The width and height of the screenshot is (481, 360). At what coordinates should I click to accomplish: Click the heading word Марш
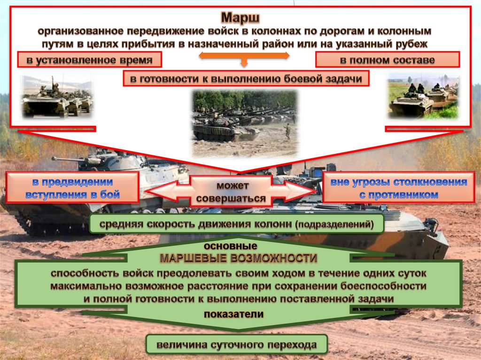point(240,18)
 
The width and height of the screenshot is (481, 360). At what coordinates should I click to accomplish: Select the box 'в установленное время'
point(89,60)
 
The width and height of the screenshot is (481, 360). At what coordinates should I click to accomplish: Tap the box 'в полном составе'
point(387,60)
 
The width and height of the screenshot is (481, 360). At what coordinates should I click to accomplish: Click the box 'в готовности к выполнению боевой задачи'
point(246,79)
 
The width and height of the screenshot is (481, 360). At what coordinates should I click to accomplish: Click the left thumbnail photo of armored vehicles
point(57,97)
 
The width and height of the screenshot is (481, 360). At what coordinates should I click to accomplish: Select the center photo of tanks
point(245,123)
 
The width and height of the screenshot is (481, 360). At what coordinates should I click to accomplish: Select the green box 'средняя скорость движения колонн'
point(237,225)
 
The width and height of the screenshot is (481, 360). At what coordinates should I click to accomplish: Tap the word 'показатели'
point(233,314)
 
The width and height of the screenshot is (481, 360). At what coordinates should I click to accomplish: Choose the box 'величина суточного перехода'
point(236,346)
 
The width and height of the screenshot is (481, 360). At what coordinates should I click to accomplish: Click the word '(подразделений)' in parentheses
point(334,225)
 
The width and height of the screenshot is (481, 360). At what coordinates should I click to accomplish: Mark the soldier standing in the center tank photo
point(287,131)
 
